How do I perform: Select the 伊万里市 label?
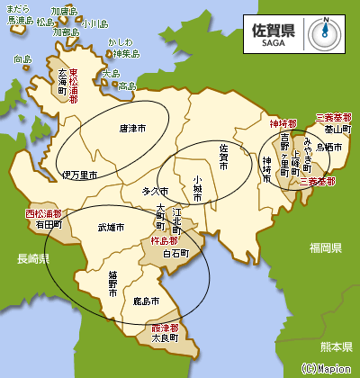click(x=79, y=174)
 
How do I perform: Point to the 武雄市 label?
click(x=112, y=228)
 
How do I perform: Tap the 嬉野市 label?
click(x=113, y=278)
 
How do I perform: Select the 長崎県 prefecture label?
click(x=31, y=258)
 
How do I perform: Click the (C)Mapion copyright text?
click(x=326, y=368)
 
